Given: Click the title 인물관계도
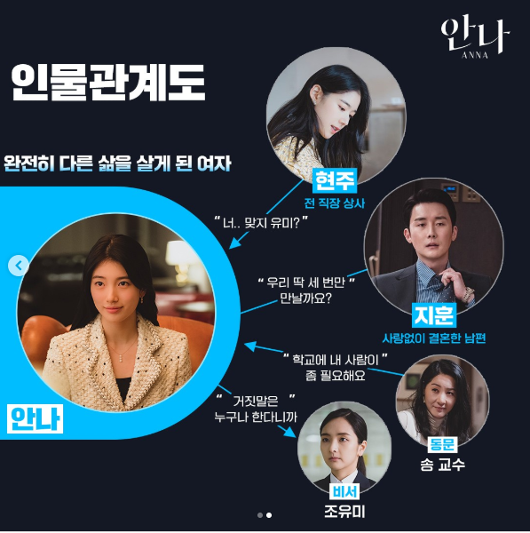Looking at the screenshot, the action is pyautogui.click(x=108, y=83).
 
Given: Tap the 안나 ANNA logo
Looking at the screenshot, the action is pyautogui.click(x=476, y=38).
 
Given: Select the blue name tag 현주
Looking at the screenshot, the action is pyautogui.click(x=335, y=180).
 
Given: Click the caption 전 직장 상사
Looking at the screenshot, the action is pyautogui.click(x=335, y=203).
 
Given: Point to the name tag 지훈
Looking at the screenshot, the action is pyautogui.click(x=434, y=314).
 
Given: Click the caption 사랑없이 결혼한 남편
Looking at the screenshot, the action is pyautogui.click(x=434, y=338).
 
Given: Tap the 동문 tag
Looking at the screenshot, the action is pyautogui.click(x=442, y=444).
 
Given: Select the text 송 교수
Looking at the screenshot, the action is pyautogui.click(x=442, y=465).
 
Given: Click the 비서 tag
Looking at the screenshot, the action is pyautogui.click(x=344, y=491).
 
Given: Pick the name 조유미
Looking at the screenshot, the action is pyautogui.click(x=344, y=512).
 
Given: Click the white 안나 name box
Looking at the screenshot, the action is pyautogui.click(x=35, y=418).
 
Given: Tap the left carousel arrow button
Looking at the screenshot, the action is pyautogui.click(x=19, y=266).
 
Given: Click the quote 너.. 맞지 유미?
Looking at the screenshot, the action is pyautogui.click(x=261, y=223).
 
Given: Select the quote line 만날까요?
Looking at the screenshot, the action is pyautogui.click(x=305, y=298).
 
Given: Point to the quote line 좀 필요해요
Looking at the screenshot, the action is pyautogui.click(x=335, y=375).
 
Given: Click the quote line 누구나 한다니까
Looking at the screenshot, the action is pyautogui.click(x=256, y=417).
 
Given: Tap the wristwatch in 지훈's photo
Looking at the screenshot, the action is pyautogui.click(x=469, y=293).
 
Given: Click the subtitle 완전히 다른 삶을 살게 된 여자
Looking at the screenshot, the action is pyautogui.click(x=117, y=163).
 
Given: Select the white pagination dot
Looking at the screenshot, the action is pyautogui.click(x=269, y=515).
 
